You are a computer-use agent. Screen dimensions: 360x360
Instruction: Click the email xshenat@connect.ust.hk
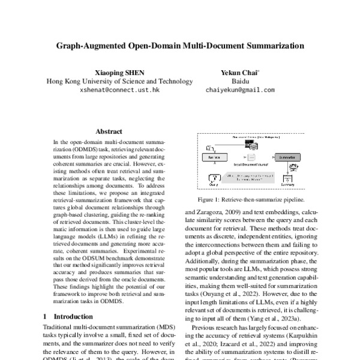[119, 90]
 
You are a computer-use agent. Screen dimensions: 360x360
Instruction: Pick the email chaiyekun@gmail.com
[240, 90]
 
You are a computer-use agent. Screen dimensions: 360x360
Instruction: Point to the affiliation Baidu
[239, 81]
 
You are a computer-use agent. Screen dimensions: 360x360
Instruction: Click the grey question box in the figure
[247, 178]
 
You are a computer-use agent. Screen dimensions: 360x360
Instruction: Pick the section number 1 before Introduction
[46, 316]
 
